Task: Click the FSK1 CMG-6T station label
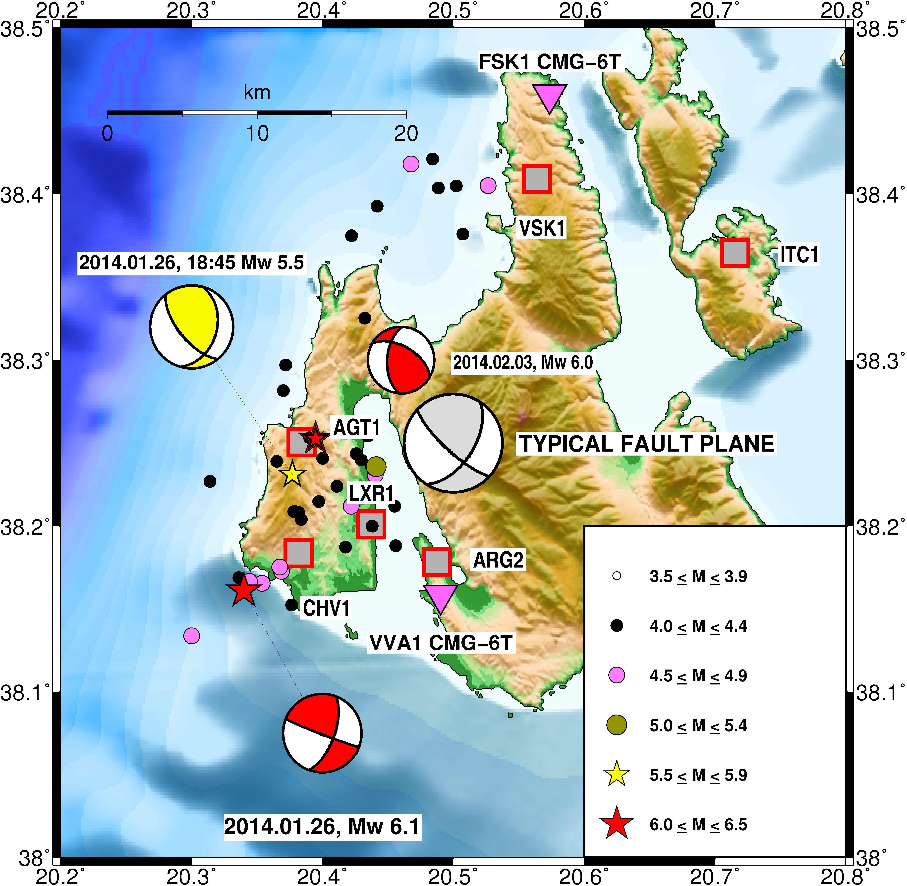pos(550,62)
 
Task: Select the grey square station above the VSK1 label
pos(537,179)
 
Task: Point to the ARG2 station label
pos(498,560)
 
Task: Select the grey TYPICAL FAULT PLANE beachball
pos(453,443)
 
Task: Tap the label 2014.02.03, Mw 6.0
pos(523,362)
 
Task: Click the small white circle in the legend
pos(617,576)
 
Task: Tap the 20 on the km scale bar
pos(406,134)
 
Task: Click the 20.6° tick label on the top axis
pos(584,10)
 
